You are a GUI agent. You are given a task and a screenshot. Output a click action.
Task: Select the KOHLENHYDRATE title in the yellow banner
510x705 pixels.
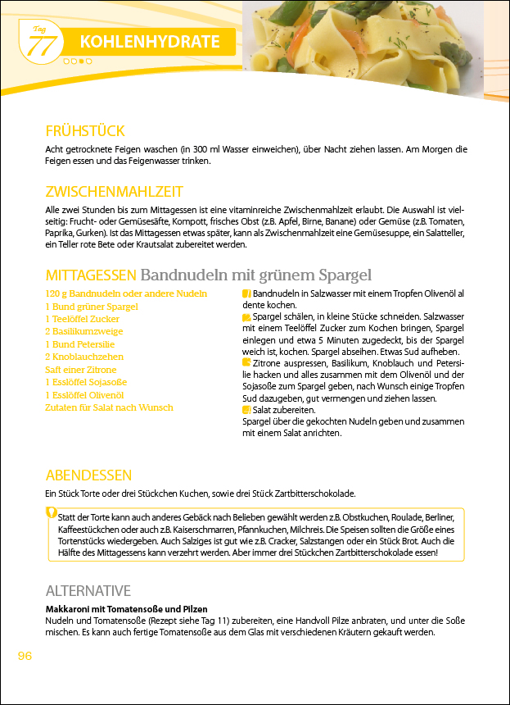[x=150, y=42]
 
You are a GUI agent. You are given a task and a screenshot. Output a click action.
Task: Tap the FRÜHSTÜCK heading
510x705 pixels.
[x=85, y=131]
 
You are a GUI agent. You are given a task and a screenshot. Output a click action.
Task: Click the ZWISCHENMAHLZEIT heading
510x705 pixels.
[x=114, y=192]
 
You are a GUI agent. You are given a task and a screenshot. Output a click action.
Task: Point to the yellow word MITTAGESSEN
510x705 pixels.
[x=91, y=275]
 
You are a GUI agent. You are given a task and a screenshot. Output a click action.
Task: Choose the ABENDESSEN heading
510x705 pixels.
[x=88, y=475]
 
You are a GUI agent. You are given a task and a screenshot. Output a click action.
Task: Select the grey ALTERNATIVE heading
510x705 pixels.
[x=88, y=590]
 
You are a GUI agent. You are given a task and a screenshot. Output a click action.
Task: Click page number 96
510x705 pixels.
[x=25, y=656]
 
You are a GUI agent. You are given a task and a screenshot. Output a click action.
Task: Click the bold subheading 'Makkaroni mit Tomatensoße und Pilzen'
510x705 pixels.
[x=127, y=609]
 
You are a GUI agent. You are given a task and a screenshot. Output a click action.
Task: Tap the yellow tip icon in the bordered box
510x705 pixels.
[x=52, y=513]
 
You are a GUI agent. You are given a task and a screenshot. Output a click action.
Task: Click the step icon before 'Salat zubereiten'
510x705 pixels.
[x=247, y=409]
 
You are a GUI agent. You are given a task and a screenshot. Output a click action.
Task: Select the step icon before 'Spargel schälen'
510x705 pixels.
[x=247, y=316]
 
